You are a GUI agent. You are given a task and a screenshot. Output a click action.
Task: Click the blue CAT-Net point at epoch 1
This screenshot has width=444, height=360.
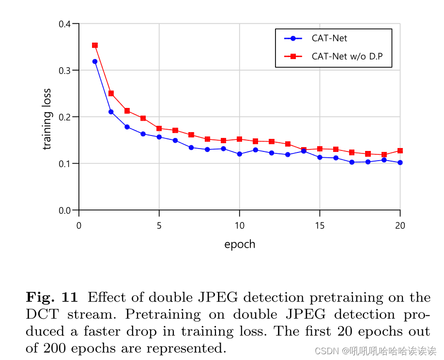pos(95,61)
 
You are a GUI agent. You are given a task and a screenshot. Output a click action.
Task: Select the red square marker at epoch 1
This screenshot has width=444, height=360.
pos(95,45)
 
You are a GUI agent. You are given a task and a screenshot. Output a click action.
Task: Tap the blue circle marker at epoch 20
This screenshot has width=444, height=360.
pos(400,163)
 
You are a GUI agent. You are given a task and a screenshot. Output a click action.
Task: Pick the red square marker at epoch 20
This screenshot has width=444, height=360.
pos(400,150)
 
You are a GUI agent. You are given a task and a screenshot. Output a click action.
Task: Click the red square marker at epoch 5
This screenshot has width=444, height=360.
pos(159,128)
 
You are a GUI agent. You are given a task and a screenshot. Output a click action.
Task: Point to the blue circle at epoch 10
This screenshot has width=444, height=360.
pos(239,154)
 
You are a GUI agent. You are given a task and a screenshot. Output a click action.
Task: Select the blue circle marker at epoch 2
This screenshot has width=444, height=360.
pos(111,112)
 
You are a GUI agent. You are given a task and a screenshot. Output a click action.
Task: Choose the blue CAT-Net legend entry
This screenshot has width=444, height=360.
pos(329,38)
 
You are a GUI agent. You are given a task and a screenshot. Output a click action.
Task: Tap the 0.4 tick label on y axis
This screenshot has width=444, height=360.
pos(65,24)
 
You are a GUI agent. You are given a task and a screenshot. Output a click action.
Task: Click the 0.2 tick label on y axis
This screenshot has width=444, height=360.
pos(65,117)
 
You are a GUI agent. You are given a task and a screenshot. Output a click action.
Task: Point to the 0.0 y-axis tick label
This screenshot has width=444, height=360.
pos(65,210)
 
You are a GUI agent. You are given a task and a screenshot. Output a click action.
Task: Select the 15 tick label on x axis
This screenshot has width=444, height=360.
pos(320,225)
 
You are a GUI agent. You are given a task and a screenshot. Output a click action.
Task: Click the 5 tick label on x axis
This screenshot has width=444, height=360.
pos(159,225)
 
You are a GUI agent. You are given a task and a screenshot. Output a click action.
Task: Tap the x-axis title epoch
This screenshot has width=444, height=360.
pos(240,244)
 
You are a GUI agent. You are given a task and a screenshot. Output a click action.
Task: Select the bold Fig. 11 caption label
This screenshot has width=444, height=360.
pos(51,297)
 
